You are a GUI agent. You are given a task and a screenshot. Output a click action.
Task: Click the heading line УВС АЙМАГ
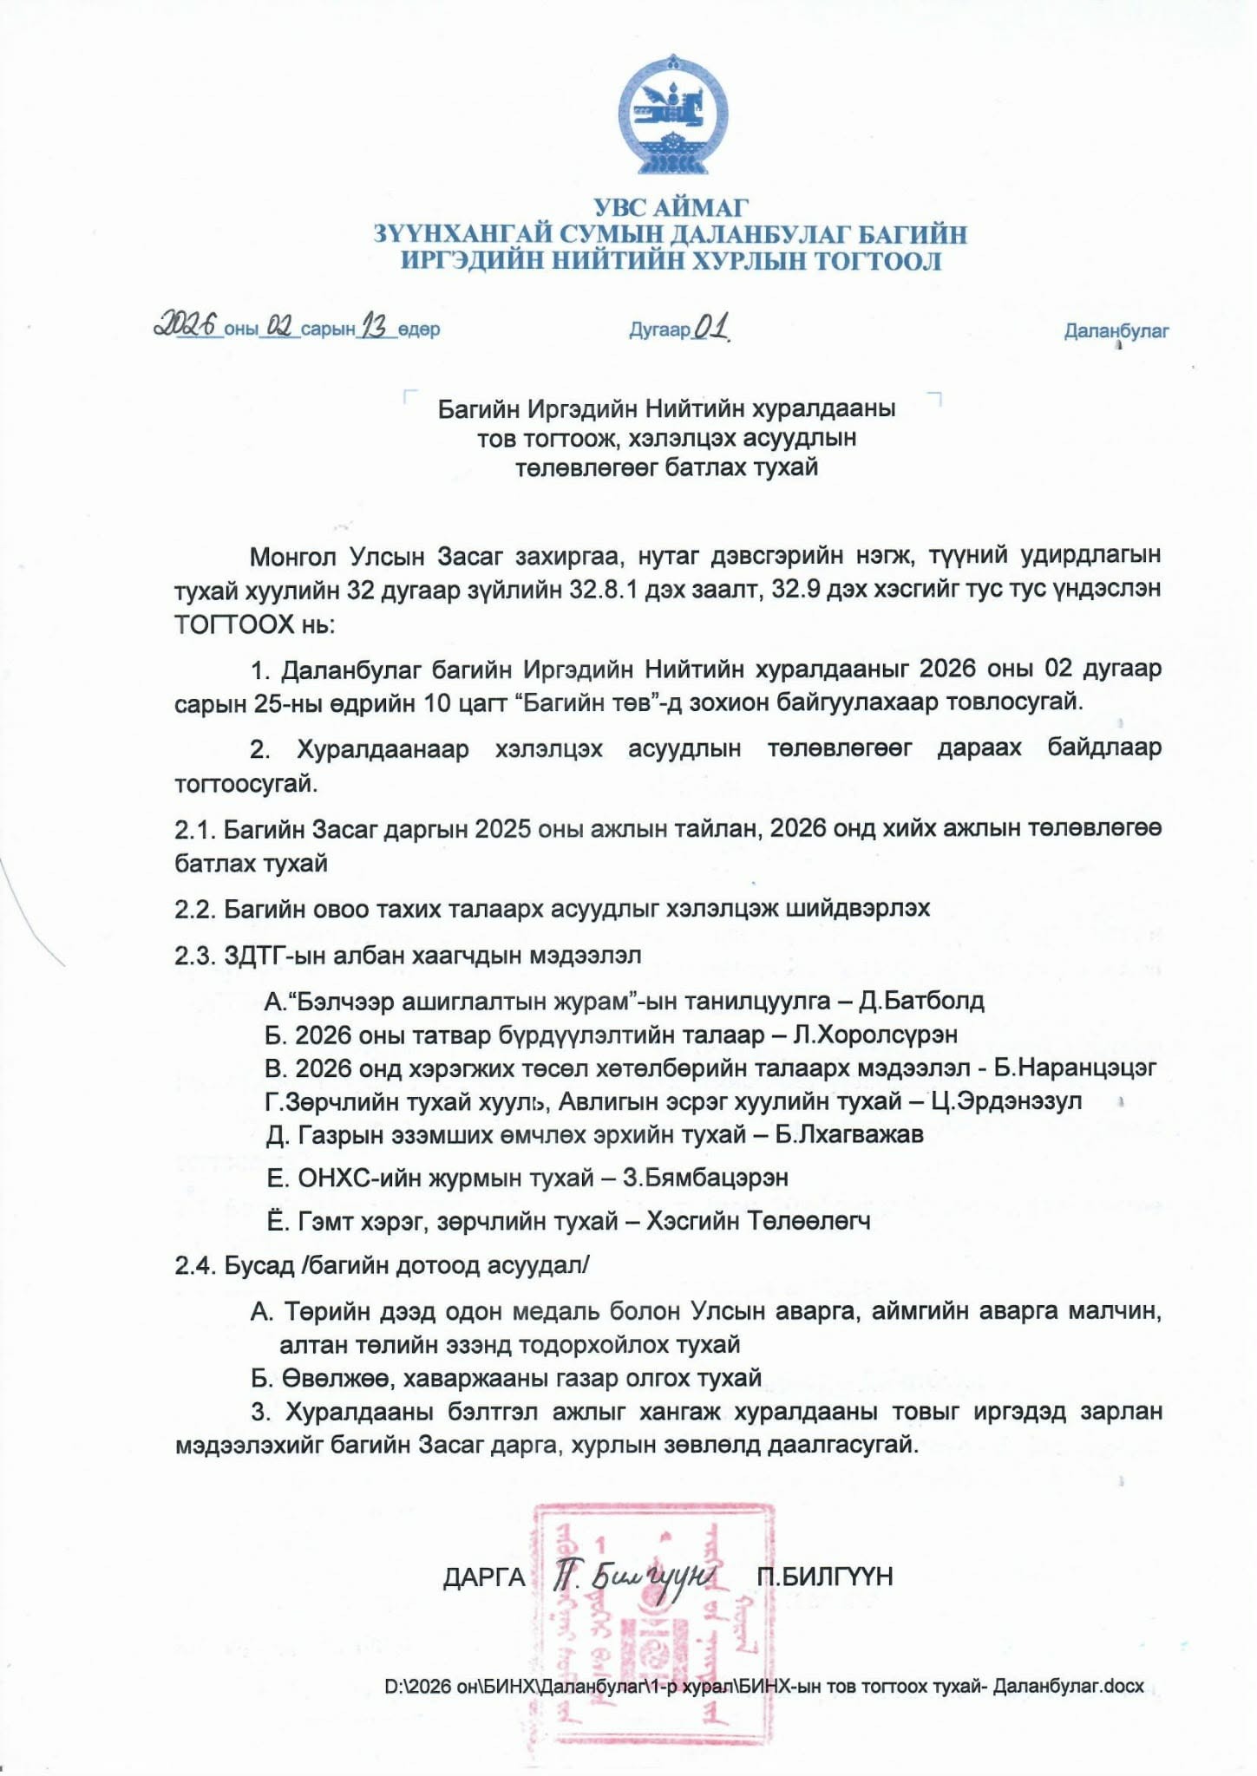click(671, 208)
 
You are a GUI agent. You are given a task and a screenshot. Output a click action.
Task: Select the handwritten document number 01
click(710, 327)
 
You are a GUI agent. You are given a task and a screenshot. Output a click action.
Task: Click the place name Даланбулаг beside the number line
click(1116, 330)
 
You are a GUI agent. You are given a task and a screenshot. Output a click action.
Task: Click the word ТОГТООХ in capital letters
click(234, 624)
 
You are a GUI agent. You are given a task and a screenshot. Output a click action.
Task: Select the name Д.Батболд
click(921, 1002)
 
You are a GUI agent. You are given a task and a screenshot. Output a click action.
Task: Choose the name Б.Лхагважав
click(848, 1135)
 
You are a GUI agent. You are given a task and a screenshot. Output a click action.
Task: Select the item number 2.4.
click(194, 1266)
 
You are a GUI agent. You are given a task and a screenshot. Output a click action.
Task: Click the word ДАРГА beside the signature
click(484, 1577)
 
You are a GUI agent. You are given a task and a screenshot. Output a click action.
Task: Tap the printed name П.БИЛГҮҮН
click(824, 1577)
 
